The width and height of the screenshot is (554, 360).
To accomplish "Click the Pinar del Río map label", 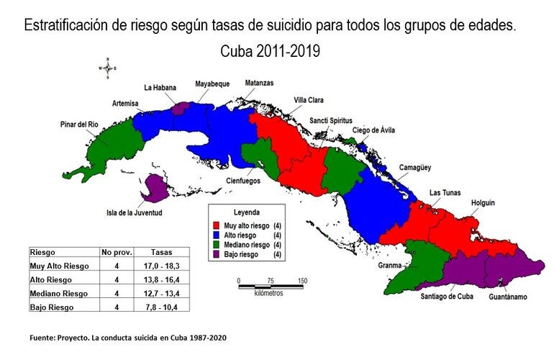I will point(78,125).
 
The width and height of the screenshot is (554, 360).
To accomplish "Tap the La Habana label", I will point(160,88).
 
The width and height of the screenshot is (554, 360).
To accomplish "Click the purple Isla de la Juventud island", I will point(155,189).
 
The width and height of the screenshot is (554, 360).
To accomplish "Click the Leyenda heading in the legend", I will point(246,214).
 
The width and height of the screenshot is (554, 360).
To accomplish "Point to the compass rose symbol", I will point(107,68).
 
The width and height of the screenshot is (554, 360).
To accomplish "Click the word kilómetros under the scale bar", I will point(268,294).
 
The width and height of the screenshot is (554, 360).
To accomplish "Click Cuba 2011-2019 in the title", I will point(270,52).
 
